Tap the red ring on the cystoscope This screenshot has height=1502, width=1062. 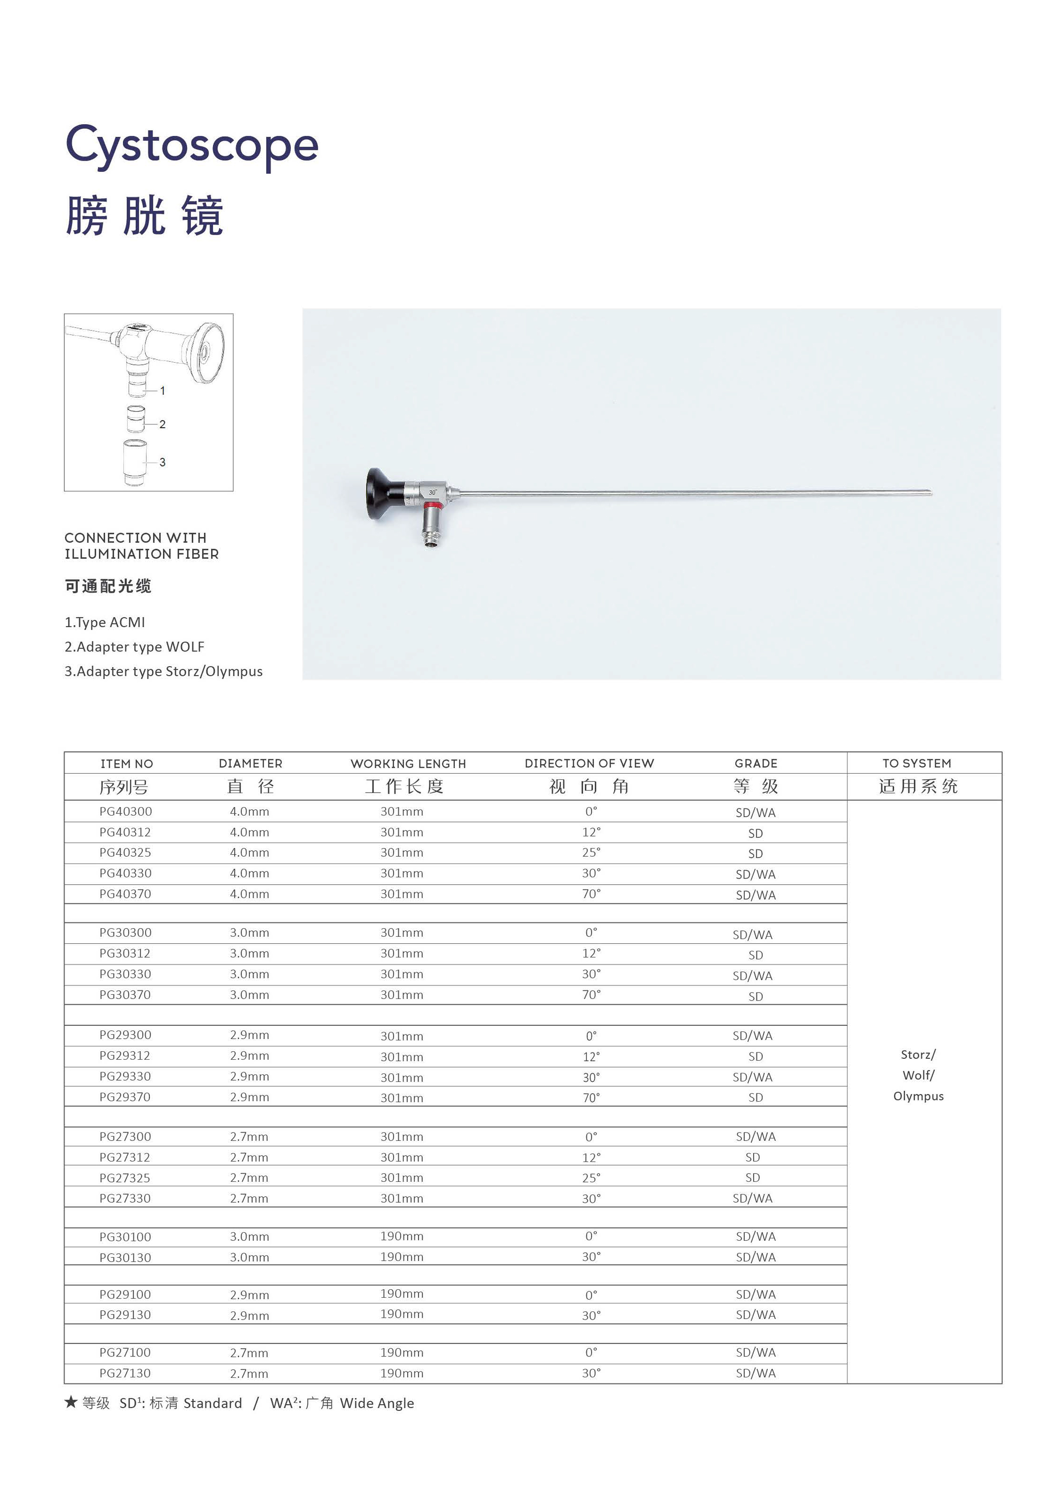tap(432, 506)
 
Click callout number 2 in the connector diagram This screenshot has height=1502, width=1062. tap(162, 425)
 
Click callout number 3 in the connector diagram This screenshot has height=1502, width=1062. tap(162, 462)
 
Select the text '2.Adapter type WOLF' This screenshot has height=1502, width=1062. tap(134, 647)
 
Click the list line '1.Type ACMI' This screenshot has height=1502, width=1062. tap(104, 622)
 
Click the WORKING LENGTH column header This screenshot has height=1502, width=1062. tap(408, 763)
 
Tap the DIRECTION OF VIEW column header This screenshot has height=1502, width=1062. tap(589, 763)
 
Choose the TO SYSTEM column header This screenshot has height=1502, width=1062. tap(917, 763)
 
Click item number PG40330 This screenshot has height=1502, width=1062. tap(125, 873)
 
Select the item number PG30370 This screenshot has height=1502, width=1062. tap(125, 995)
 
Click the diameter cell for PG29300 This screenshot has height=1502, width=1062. tap(249, 1035)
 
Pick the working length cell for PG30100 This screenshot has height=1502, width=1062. tap(402, 1237)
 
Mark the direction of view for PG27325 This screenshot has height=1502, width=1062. tap(591, 1177)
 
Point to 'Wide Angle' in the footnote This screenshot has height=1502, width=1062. tap(377, 1403)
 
